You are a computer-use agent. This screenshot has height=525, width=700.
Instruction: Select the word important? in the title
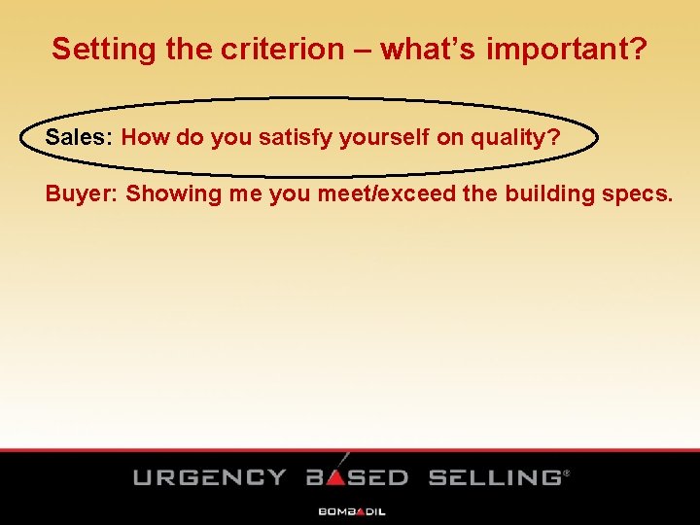[x=566, y=50]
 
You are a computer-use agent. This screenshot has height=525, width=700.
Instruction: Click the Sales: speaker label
[x=80, y=137]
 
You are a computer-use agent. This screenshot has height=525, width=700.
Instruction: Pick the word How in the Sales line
[x=145, y=137]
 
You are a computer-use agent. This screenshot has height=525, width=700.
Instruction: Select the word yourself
[x=382, y=137]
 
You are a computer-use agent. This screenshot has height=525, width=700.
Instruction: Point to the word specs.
[x=637, y=193]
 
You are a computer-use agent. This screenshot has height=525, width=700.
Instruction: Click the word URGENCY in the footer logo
[x=209, y=477]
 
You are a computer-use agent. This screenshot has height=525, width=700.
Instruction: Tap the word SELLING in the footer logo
[x=495, y=477]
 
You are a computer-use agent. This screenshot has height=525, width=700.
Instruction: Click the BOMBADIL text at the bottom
[x=351, y=510]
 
